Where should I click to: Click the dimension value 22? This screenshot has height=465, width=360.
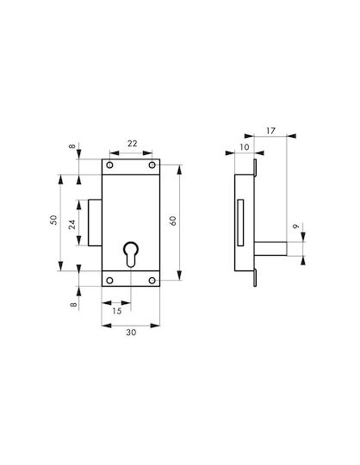[133, 144]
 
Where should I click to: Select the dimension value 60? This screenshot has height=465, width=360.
[172, 221]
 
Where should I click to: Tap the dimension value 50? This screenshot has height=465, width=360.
[53, 220]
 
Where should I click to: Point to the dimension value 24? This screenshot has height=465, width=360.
[71, 225]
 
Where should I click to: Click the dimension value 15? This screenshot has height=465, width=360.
[117, 311]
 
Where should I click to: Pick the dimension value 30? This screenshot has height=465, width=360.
[131, 332]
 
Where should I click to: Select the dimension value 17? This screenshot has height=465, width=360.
[270, 131]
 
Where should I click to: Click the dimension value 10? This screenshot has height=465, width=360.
[245, 147]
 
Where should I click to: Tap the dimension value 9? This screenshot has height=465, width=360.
[295, 226]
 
